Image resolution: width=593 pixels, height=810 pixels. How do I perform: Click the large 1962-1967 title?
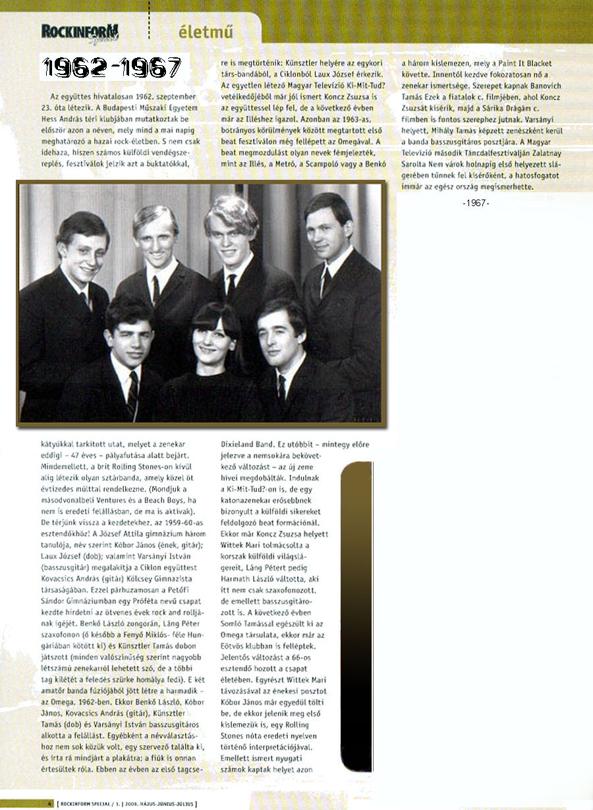click(x=113, y=67)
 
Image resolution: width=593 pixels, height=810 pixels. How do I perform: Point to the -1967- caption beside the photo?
click(x=476, y=203)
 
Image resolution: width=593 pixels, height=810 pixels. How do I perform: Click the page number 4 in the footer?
click(x=50, y=803)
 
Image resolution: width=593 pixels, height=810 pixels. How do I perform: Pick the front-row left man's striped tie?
click(x=132, y=394)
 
